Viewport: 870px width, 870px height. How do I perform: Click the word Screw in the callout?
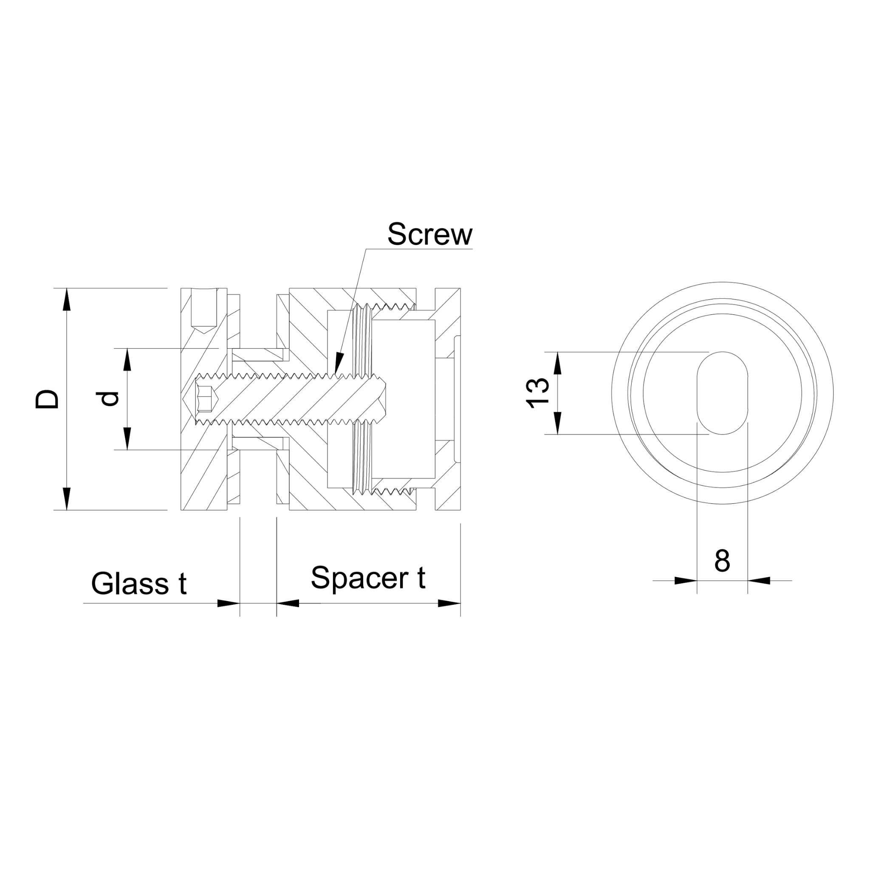click(x=429, y=234)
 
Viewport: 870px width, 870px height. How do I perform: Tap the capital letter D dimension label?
click(x=47, y=398)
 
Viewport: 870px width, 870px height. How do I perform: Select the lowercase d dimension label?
click(x=110, y=398)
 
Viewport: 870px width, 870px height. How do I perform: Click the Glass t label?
click(x=138, y=584)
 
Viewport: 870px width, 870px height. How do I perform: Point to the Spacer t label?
click(x=368, y=578)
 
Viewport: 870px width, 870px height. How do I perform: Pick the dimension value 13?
click(x=539, y=393)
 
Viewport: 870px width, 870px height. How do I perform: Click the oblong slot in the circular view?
click(x=722, y=393)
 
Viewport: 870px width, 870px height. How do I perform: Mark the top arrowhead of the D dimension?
click(x=67, y=299)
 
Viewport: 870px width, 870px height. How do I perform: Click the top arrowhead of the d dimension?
click(x=127, y=360)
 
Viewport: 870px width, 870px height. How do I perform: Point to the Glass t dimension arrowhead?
click(x=228, y=603)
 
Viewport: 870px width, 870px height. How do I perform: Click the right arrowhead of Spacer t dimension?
click(x=449, y=603)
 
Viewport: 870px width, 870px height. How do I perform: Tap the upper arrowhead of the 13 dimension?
click(x=557, y=363)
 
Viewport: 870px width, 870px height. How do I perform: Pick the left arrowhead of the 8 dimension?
click(x=685, y=581)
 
